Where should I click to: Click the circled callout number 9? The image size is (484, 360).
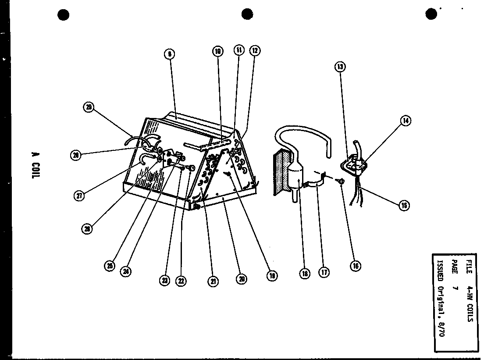(x=169, y=54)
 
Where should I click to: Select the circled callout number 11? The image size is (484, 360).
(x=239, y=50)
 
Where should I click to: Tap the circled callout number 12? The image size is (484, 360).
(x=255, y=50)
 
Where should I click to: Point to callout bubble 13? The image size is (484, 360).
(x=340, y=67)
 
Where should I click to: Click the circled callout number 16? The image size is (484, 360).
(x=355, y=265)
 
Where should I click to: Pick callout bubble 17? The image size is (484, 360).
(x=324, y=273)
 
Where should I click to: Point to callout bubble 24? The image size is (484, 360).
(x=126, y=271)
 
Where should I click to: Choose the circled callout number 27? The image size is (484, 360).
(x=79, y=196)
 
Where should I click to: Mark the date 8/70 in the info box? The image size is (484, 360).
(x=441, y=328)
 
